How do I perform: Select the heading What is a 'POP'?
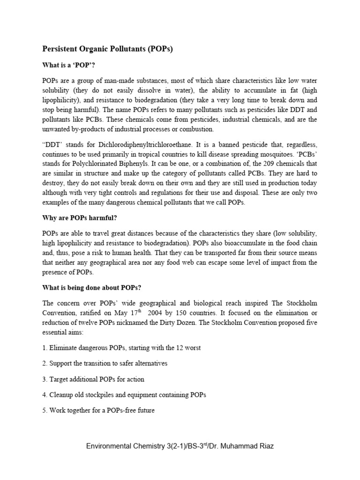click(x=68, y=65)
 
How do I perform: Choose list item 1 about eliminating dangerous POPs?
click(x=121, y=348)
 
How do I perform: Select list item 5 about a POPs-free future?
click(x=98, y=410)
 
